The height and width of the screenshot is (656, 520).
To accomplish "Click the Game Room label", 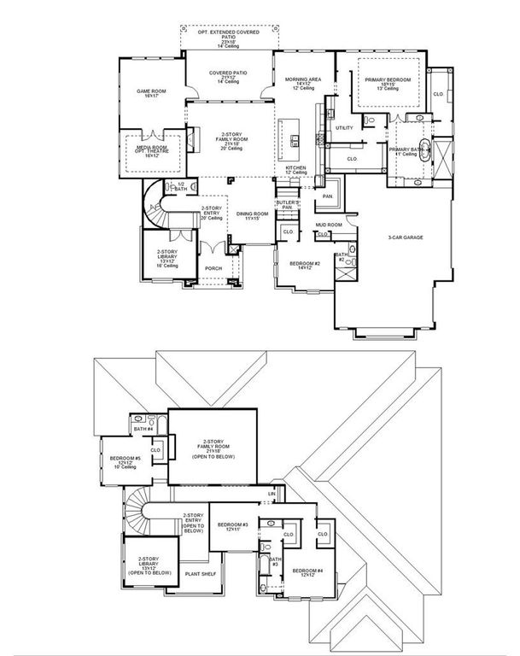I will pyautogui.click(x=150, y=93).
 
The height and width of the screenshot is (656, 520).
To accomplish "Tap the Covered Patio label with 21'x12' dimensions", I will pyautogui.click(x=228, y=78).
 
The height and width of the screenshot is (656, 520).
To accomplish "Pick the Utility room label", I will pyautogui.click(x=344, y=127).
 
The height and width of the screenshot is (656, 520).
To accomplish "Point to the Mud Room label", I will pyautogui.click(x=329, y=225).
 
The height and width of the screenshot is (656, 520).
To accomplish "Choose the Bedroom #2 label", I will pyautogui.click(x=305, y=265).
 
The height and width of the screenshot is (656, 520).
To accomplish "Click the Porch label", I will pyautogui.click(x=213, y=268).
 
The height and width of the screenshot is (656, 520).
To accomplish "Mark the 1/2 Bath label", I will pyautogui.click(x=180, y=187).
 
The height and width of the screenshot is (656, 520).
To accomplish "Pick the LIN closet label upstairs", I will pyautogui.click(x=272, y=494).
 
